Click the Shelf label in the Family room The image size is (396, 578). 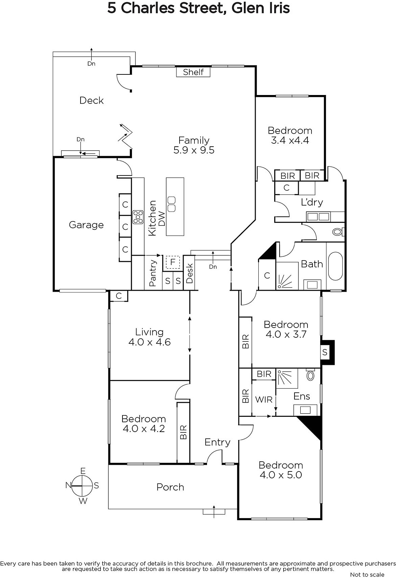(193, 72)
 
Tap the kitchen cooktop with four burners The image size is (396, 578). (138, 217)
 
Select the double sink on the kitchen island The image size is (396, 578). (172, 204)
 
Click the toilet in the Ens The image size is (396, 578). (311, 375)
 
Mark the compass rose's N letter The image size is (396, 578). (68, 486)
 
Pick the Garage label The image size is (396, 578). (86, 225)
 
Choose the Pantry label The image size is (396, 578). (153, 273)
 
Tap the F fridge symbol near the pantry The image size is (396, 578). (173, 262)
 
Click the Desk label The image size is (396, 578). (189, 273)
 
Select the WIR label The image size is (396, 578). (264, 400)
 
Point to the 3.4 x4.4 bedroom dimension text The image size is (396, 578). (290, 141)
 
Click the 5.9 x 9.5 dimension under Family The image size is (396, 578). (194, 150)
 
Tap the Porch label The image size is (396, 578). (170, 487)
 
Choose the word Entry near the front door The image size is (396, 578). (218, 442)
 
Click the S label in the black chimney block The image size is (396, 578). (325, 352)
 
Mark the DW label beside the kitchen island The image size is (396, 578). (162, 219)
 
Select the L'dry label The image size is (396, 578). (312, 202)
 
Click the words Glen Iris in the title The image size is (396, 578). (261, 8)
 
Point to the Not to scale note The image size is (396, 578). (367, 575)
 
